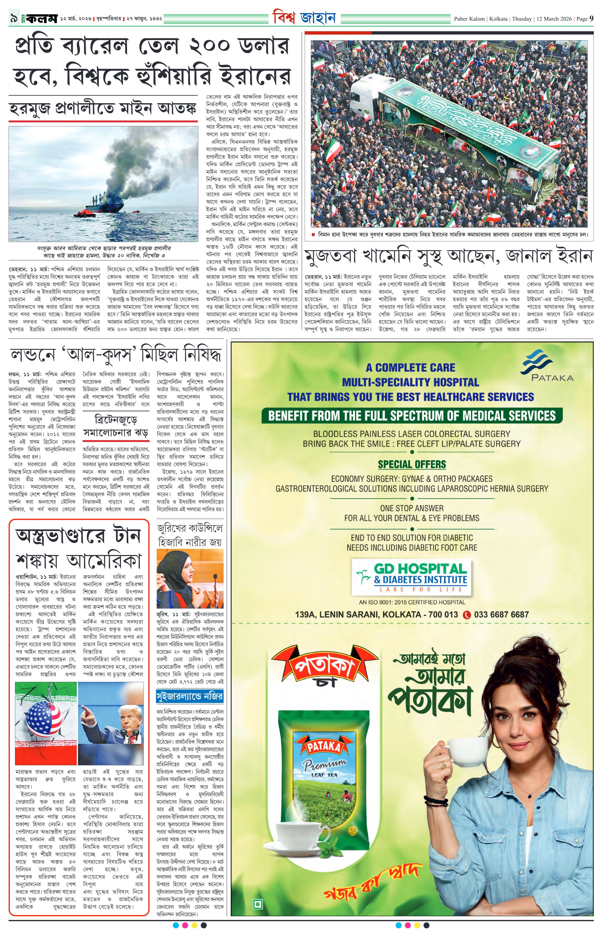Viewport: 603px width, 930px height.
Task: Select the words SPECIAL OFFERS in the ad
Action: coord(412,464)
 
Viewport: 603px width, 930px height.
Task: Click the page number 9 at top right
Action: coord(591,18)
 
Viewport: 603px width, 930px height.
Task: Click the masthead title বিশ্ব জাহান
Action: coord(304,17)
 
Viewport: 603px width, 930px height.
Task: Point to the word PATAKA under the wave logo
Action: coord(552,377)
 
